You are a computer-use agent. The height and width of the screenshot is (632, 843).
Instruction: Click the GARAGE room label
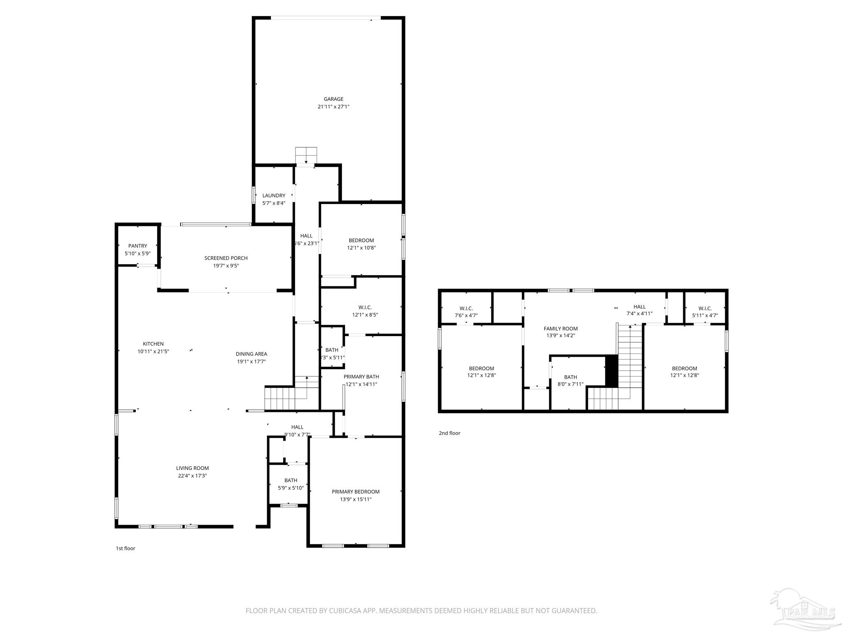click(333, 99)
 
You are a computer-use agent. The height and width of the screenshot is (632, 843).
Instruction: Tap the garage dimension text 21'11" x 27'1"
click(333, 107)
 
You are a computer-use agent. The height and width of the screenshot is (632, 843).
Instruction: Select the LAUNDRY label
click(274, 195)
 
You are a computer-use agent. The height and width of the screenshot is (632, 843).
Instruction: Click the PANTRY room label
click(137, 246)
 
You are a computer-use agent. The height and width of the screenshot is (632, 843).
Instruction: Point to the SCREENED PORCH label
click(226, 258)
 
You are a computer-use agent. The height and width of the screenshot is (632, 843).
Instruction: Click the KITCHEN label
click(153, 344)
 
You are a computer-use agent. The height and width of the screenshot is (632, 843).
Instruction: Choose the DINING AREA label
click(251, 354)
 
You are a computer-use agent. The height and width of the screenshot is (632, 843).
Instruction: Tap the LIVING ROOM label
click(192, 468)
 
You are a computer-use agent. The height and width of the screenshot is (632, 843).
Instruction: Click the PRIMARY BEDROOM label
click(356, 492)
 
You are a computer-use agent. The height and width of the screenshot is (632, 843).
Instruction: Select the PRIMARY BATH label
click(361, 376)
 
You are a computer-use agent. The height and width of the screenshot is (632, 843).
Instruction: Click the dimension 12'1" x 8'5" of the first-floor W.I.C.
click(365, 315)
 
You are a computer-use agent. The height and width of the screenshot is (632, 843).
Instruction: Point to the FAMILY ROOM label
click(561, 328)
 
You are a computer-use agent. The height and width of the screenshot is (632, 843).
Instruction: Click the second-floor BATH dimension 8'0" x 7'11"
click(570, 384)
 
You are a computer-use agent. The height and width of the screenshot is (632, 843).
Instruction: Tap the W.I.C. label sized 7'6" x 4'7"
click(466, 309)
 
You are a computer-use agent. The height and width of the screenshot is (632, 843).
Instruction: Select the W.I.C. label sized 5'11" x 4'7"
click(705, 309)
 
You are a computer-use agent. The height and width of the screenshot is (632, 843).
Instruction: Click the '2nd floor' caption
click(449, 433)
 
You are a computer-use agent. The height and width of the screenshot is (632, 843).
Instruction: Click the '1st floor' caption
click(125, 548)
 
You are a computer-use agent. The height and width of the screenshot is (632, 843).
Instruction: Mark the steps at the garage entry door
click(306, 155)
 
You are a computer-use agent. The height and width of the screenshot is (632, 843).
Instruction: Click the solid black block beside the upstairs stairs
click(612, 371)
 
